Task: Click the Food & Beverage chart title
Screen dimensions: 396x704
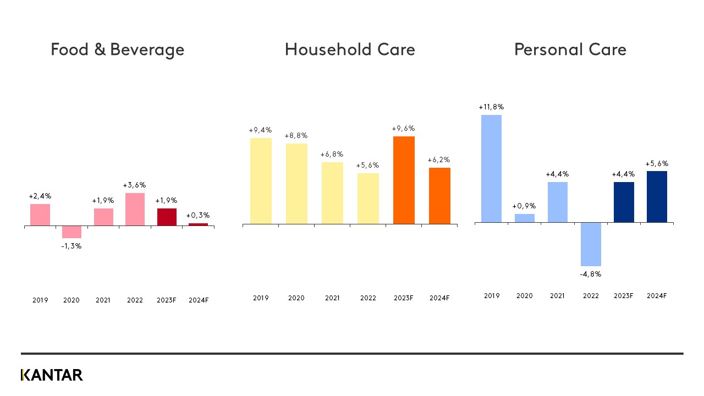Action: pyautogui.click(x=117, y=50)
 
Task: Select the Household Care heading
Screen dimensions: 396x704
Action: pyautogui.click(x=350, y=50)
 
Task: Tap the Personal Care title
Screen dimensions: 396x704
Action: pyautogui.click(x=570, y=50)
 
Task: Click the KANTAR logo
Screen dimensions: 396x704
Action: pyautogui.click(x=52, y=375)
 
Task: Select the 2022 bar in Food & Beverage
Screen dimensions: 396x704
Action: pyautogui.click(x=135, y=210)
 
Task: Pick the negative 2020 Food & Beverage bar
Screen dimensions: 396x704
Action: pyautogui.click(x=71, y=232)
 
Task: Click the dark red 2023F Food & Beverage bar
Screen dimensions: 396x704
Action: pyautogui.click(x=167, y=217)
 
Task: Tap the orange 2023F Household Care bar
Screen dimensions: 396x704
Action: pyautogui.click(x=404, y=180)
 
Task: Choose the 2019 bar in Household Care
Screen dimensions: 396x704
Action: pyautogui.click(x=261, y=181)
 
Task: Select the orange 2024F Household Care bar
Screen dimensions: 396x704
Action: pyautogui.click(x=439, y=196)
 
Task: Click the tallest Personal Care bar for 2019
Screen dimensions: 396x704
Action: pyautogui.click(x=491, y=169)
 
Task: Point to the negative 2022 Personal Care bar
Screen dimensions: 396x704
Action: pyautogui.click(x=591, y=244)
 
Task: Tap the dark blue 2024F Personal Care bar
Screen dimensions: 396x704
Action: pyautogui.click(x=657, y=197)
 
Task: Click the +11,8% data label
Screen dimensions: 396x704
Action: pyautogui.click(x=491, y=107)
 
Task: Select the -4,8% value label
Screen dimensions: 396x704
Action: pyautogui.click(x=591, y=274)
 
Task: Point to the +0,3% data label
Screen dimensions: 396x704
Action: pyautogui.click(x=198, y=215)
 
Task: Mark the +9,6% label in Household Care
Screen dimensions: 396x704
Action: pyautogui.click(x=403, y=129)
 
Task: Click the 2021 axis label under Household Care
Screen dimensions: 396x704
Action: pyautogui.click(x=332, y=298)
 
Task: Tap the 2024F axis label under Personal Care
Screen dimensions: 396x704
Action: pyautogui.click(x=657, y=296)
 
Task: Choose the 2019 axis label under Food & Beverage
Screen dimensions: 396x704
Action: pyautogui.click(x=40, y=300)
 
